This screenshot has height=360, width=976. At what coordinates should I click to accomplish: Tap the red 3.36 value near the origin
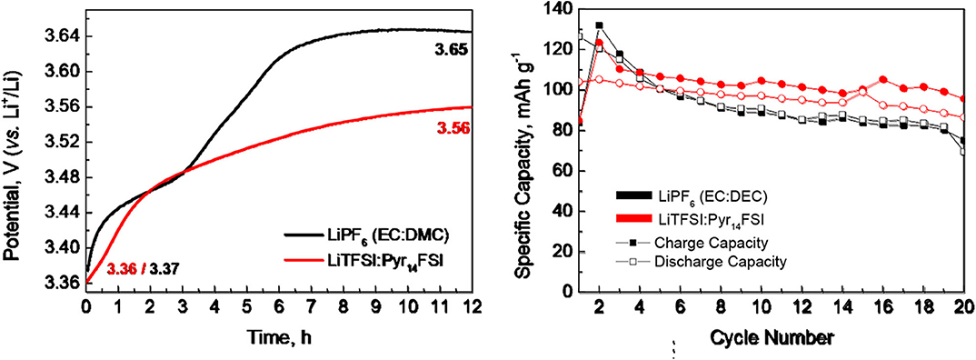pos(121,269)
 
